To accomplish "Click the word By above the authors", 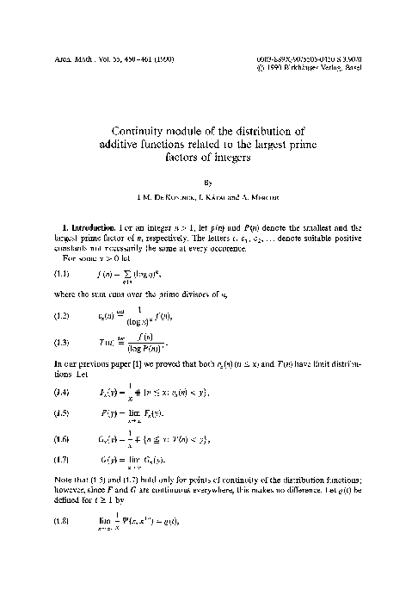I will point(209,183).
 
